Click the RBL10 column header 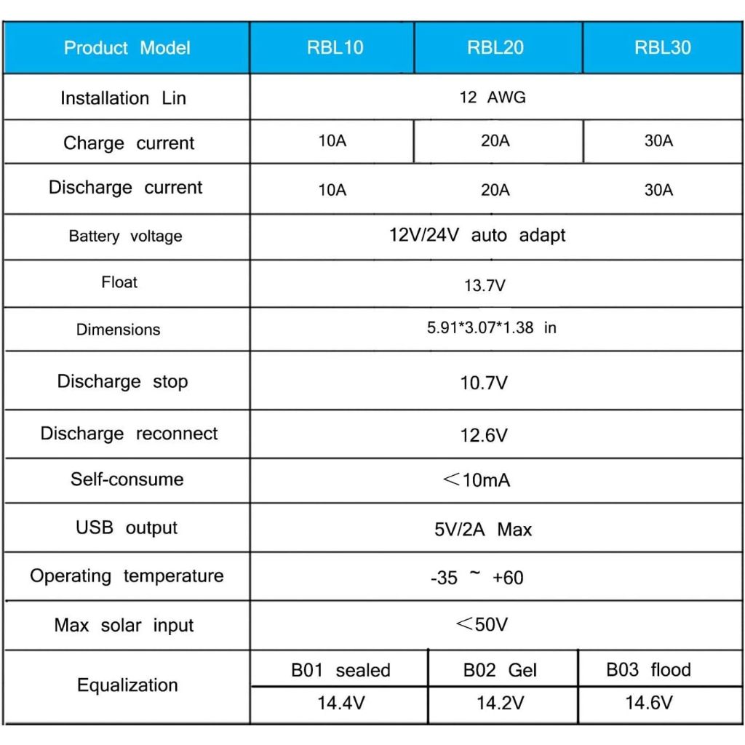(335, 48)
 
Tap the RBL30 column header (662, 48)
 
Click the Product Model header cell (127, 48)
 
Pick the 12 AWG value (493, 97)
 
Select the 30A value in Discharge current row (658, 190)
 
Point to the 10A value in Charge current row (332, 141)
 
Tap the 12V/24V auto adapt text (477, 236)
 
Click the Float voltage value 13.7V (485, 286)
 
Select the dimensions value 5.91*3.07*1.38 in (491, 328)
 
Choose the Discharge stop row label (122, 382)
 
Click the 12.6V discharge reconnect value (484, 435)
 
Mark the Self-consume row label (127, 479)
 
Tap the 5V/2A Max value (483, 530)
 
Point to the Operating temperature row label (127, 576)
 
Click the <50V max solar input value (482, 624)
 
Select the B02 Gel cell (500, 670)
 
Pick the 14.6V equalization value (649, 703)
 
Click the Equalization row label (127, 685)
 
